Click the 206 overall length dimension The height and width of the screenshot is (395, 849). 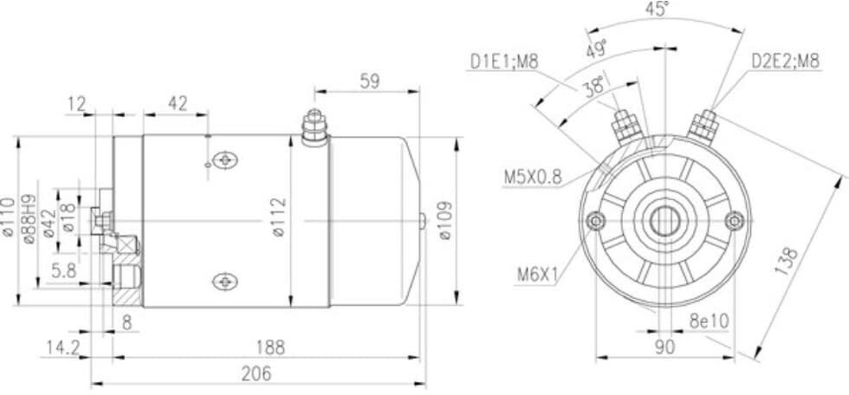point(256,373)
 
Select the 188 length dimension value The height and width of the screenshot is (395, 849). point(270,347)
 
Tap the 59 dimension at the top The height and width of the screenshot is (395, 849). point(370,81)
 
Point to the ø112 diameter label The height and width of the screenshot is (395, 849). point(279,217)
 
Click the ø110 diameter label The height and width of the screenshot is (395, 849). point(8,217)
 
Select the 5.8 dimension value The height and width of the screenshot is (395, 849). point(64,270)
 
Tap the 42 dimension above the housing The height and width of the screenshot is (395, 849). point(178,103)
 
